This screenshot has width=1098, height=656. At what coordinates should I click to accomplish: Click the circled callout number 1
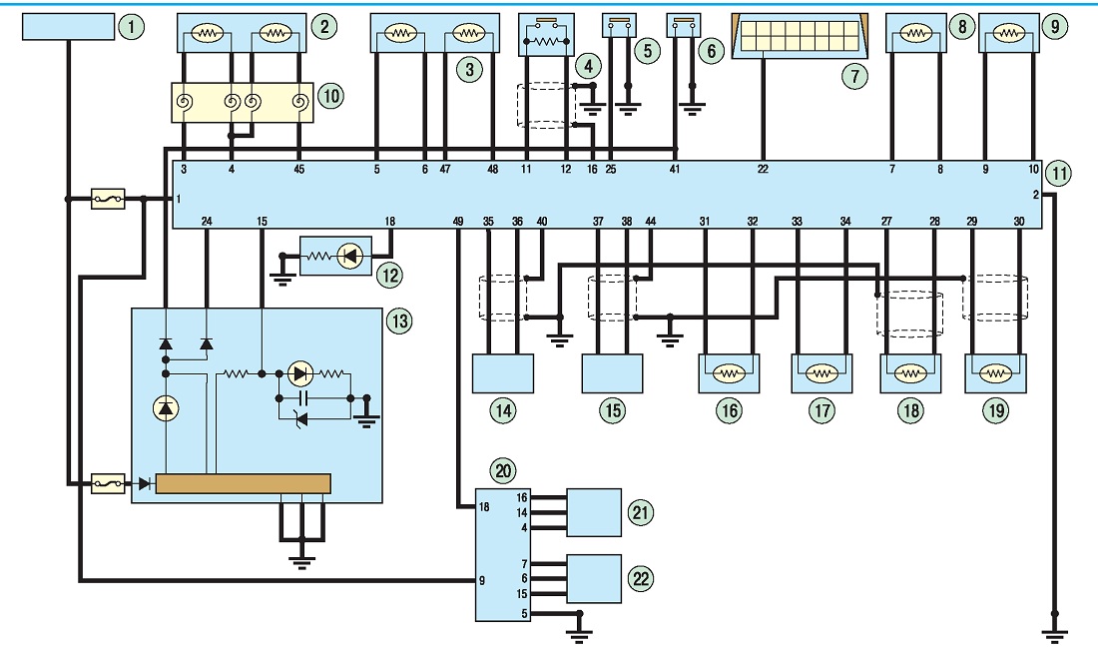(131, 27)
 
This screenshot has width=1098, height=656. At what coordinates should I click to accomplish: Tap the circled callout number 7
(854, 76)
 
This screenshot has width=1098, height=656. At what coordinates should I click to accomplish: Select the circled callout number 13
(399, 322)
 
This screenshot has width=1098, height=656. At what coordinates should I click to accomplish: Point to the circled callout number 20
(503, 470)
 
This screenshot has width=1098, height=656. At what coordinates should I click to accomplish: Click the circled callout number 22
(641, 578)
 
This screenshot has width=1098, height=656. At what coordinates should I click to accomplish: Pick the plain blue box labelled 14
(503, 373)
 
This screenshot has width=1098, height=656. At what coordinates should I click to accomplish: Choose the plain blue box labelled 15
(612, 373)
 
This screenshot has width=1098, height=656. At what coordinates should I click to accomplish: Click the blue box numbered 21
(594, 512)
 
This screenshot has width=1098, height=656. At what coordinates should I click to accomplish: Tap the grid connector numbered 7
(799, 35)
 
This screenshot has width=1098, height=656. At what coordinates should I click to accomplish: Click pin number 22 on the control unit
(763, 170)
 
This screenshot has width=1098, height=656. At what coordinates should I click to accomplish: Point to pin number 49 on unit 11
(458, 222)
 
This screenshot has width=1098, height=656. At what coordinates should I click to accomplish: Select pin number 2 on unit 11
(1036, 195)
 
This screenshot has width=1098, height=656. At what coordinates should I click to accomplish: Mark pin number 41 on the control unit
(675, 170)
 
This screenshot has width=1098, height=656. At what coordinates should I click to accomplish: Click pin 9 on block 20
(482, 580)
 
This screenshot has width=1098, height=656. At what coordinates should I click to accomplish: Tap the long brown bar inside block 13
(243, 484)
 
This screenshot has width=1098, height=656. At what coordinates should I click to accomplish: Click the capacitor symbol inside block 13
(303, 397)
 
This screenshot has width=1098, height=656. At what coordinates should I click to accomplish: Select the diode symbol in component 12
(348, 257)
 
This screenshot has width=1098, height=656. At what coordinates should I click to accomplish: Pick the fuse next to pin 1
(109, 200)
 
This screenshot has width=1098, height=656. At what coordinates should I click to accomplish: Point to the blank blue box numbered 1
(68, 27)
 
